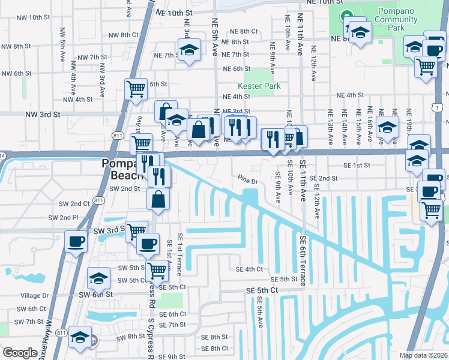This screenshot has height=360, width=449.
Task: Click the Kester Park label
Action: pyautogui.click(x=259, y=86)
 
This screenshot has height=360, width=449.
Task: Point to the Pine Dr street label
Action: pyautogui.click(x=247, y=180)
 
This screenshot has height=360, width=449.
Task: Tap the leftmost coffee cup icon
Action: pyautogui.click(x=76, y=242)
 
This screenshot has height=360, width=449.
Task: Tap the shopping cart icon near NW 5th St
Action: pyautogui.click(x=136, y=88)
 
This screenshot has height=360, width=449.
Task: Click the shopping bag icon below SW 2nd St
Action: pyautogui.click(x=158, y=199)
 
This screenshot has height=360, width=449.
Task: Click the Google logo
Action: pyautogui.click(x=20, y=353)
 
